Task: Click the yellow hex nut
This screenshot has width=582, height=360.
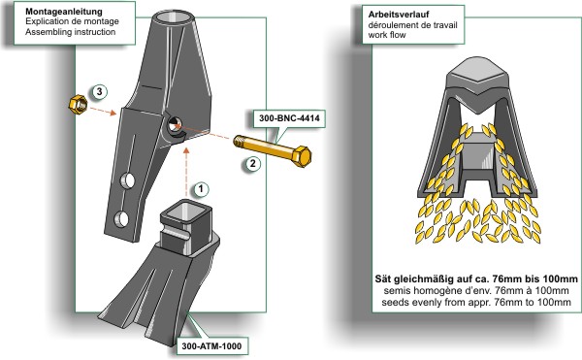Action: coord(78,104)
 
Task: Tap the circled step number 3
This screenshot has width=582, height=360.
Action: coord(99,91)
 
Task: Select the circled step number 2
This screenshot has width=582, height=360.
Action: coord(253,163)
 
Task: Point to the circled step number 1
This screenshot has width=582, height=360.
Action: coord(201,189)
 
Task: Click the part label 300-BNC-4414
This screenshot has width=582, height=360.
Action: coord(289,118)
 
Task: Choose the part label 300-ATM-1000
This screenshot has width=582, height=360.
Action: coord(211,346)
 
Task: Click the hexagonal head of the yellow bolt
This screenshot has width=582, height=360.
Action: coord(302,156)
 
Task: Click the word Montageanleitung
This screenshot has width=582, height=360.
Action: coord(63,11)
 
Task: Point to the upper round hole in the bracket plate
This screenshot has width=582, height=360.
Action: coord(127,180)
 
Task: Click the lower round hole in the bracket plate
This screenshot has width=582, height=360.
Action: coord(121,219)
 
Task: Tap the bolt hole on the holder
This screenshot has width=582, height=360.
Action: coord(174,124)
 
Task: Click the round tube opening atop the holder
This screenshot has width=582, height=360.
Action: coord(174,17)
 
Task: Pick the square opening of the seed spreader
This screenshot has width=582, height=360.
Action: coord(186,211)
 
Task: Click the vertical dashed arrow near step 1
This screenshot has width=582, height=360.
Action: coord(186,172)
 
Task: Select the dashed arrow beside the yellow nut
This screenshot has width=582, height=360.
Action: coord(104,111)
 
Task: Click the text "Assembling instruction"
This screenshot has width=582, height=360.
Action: coord(71,32)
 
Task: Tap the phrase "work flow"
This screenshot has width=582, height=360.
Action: coord(387,35)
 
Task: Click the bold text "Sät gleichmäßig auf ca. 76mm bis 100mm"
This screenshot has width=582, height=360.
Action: coord(476,278)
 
